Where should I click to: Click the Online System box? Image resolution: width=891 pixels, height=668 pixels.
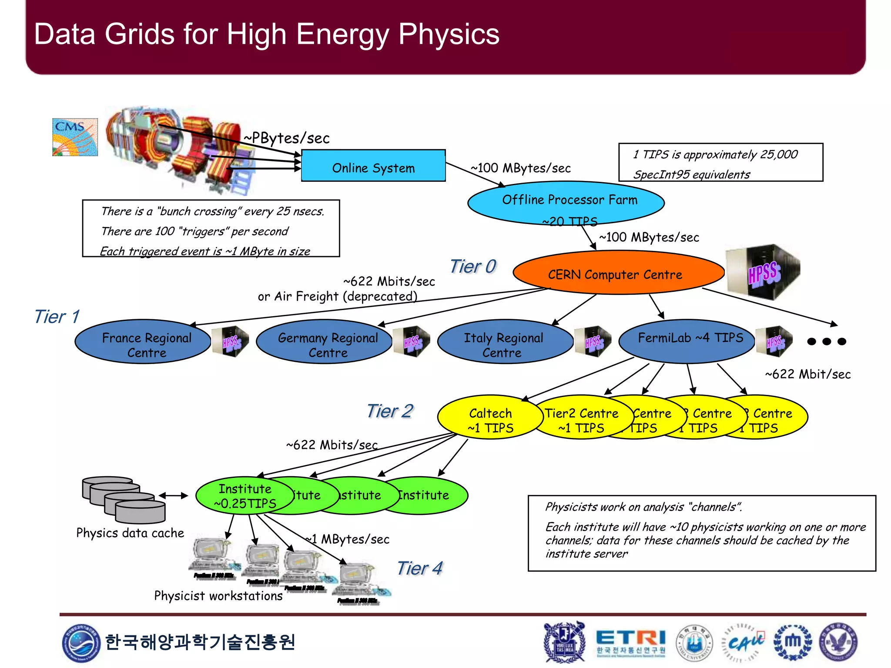point(373,166)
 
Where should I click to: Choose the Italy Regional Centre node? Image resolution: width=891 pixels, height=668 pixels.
point(505,342)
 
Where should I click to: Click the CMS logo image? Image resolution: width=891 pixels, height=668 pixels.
point(75,137)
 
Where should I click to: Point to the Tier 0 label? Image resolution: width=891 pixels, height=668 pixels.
point(472,266)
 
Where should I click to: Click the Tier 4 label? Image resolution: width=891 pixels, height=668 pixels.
point(419,568)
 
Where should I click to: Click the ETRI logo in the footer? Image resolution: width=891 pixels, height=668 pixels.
point(630,642)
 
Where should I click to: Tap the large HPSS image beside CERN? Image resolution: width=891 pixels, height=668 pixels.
point(763,272)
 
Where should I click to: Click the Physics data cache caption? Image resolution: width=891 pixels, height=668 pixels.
point(130,533)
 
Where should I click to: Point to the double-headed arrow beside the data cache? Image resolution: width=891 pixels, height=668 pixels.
point(174,495)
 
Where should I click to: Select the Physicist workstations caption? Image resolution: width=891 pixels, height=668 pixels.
point(218,595)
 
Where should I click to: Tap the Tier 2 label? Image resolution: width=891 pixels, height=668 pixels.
point(390,411)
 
